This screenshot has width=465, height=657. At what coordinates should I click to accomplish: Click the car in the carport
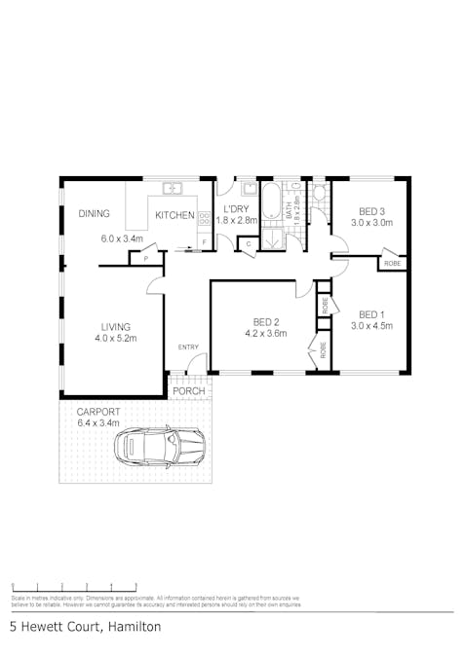click(160, 447)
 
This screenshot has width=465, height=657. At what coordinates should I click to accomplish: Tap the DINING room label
click(95, 214)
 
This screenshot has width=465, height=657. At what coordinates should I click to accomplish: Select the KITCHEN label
click(175, 215)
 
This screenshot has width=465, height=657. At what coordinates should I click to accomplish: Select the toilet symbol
click(319, 193)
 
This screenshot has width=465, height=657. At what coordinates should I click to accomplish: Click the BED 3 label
click(371, 211)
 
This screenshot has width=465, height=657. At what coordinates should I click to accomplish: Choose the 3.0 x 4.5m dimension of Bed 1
click(371, 326)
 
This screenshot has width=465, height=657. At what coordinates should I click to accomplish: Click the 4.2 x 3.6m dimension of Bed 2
click(267, 334)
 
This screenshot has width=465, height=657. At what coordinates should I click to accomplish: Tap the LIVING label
click(116, 327)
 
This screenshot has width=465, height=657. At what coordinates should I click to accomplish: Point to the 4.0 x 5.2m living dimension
click(116, 339)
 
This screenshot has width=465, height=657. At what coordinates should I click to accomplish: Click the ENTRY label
click(188, 347)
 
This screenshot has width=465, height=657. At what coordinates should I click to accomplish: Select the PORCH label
click(189, 391)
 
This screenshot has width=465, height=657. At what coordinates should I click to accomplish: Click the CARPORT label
click(97, 412)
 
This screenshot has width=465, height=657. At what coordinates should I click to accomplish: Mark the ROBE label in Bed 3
click(392, 264)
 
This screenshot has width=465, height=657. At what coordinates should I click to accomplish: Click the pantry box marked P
click(146, 259)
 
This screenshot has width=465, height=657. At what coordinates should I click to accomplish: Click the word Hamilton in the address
click(135, 628)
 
